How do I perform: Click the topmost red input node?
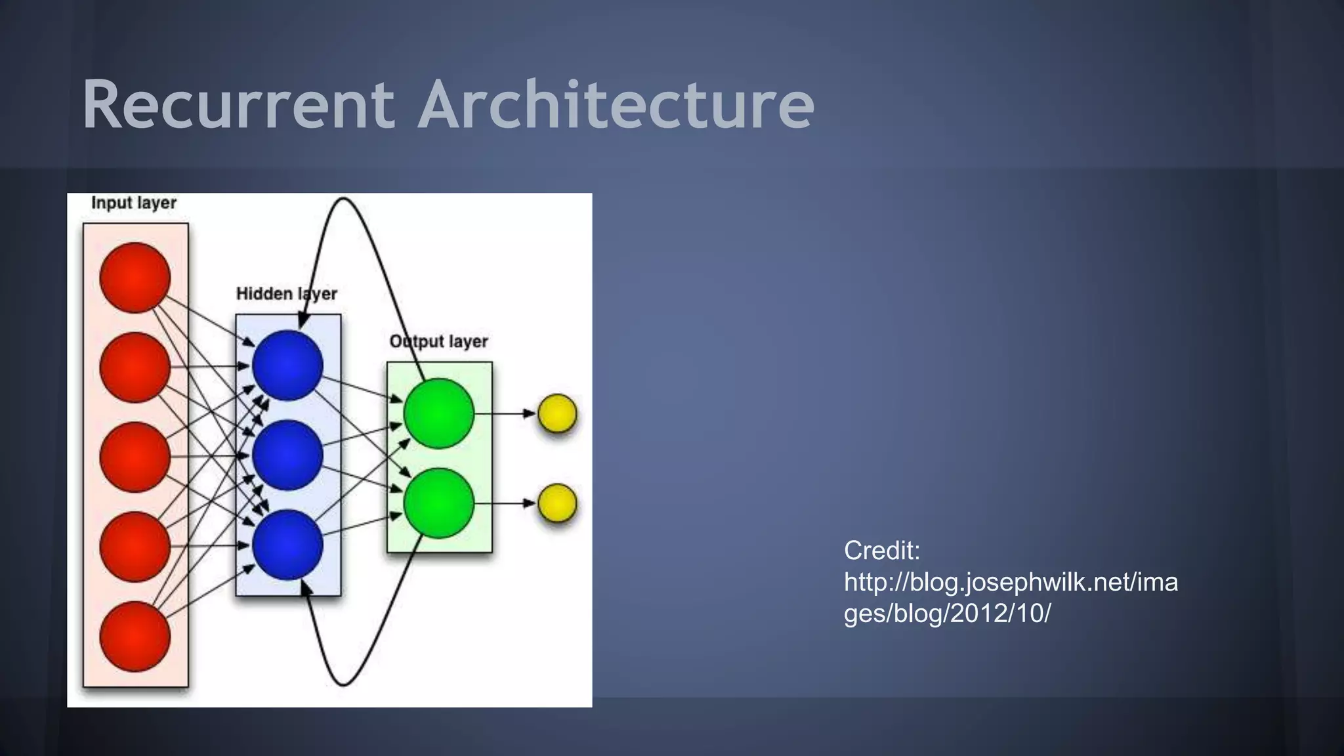[135, 278]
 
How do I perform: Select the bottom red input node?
[135, 637]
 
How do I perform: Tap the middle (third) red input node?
[135, 457]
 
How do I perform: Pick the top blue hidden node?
[287, 366]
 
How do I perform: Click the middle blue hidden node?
[287, 455]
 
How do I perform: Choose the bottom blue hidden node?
[287, 545]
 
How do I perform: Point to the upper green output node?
[438, 413]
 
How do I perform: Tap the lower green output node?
[438, 503]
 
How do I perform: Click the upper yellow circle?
[557, 413]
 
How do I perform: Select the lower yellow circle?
[557, 503]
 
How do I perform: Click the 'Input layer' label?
[134, 203]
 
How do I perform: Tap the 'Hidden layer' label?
[287, 294]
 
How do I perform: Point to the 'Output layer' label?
[438, 342]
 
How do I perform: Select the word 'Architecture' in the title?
[616, 105]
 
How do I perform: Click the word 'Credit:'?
[882, 551]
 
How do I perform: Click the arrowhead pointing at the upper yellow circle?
[529, 413]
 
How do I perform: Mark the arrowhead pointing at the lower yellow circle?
[529, 503]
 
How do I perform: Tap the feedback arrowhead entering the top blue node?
[303, 322]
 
